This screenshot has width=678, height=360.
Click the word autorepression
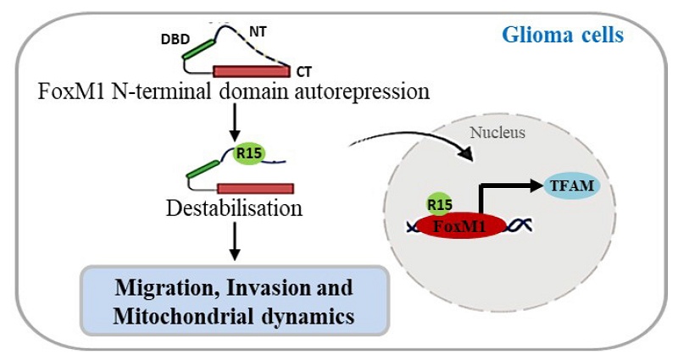(x=361, y=91)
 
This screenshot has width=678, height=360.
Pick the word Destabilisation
(x=234, y=208)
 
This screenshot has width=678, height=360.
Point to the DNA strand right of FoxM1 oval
(x=520, y=226)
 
